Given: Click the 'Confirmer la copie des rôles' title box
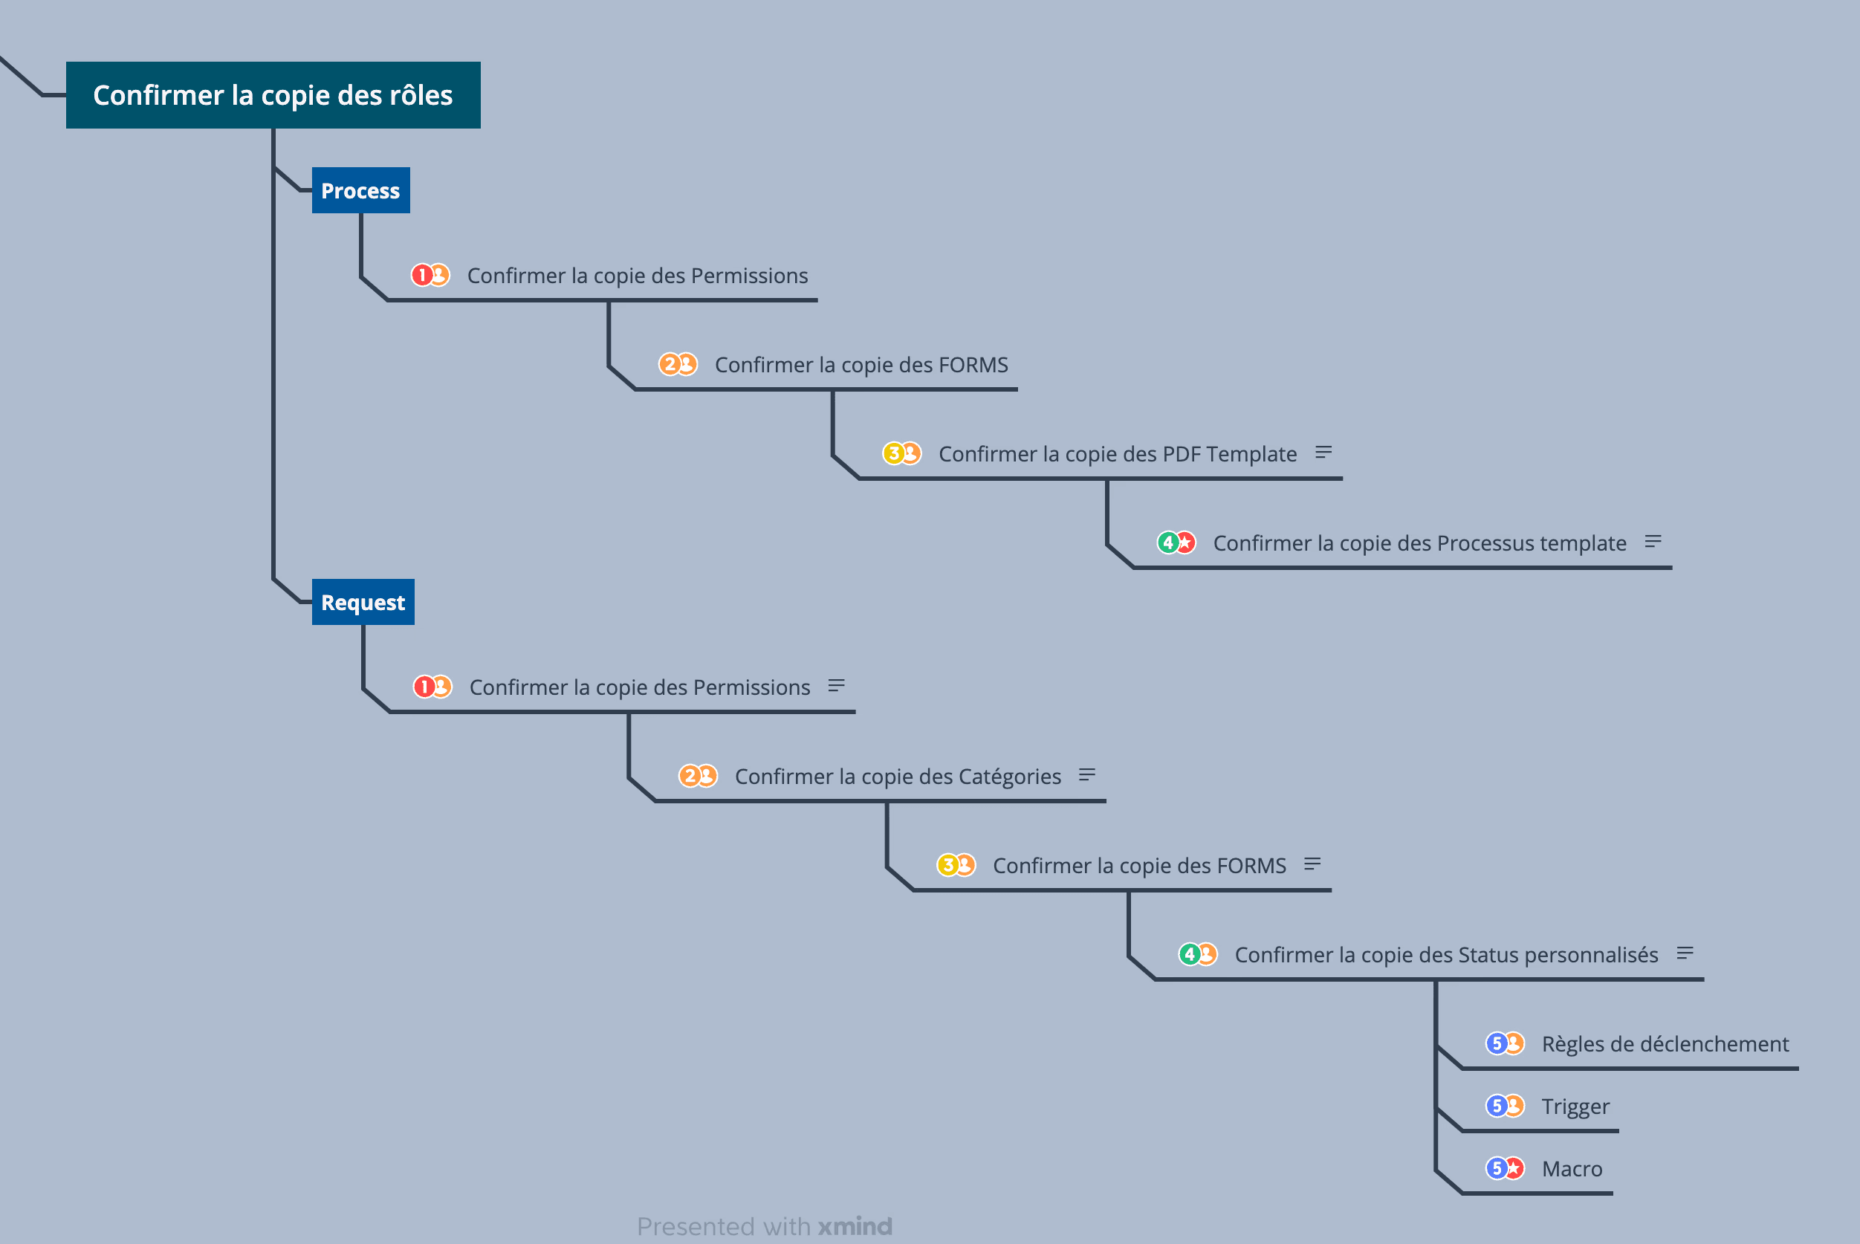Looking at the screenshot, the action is click(x=273, y=95).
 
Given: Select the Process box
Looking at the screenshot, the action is click(x=361, y=190).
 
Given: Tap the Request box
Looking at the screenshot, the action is click(x=363, y=602).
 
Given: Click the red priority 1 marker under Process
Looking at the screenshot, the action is click(x=421, y=275).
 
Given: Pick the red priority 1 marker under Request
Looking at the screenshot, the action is click(x=424, y=687).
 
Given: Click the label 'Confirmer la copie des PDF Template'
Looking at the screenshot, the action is click(x=1118, y=454).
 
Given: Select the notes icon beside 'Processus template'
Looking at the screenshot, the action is click(x=1653, y=542).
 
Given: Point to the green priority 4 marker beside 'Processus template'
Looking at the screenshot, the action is click(x=1167, y=542).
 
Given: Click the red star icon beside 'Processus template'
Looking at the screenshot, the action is click(x=1186, y=542).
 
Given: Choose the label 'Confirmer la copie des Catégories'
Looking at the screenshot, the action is click(x=898, y=776).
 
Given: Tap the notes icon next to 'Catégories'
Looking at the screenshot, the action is click(x=1086, y=774).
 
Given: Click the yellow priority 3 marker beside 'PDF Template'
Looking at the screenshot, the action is click(x=893, y=453).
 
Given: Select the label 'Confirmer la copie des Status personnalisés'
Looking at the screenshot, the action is click(x=1446, y=954).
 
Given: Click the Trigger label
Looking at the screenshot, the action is click(x=1575, y=1106).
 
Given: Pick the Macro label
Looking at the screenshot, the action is click(x=1572, y=1169).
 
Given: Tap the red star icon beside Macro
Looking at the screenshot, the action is click(x=1514, y=1169).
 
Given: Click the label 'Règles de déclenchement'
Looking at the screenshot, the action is click(x=1665, y=1044).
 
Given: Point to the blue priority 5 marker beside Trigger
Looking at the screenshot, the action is click(x=1496, y=1106).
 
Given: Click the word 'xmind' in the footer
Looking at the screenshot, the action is click(x=855, y=1227).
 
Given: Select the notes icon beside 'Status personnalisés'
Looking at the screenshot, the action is click(x=1685, y=953).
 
